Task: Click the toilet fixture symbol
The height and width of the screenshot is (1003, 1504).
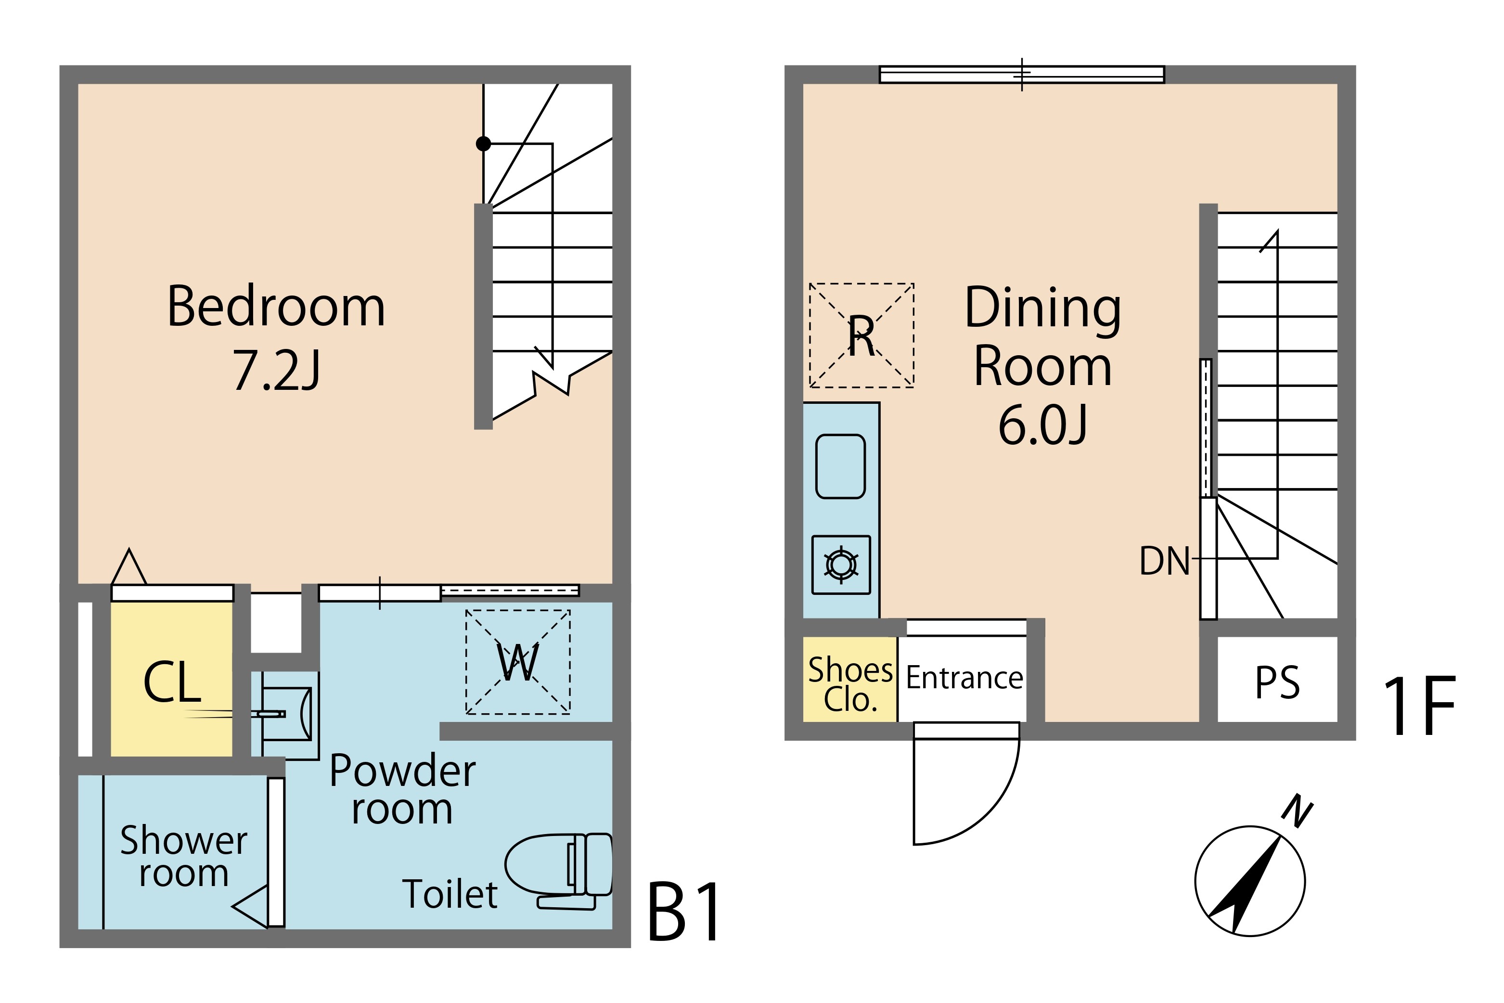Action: (x=559, y=871)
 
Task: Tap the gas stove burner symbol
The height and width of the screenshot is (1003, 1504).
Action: (x=841, y=565)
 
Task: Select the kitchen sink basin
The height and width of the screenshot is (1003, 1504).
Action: (x=841, y=466)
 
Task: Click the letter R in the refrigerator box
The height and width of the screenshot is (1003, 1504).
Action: (x=861, y=336)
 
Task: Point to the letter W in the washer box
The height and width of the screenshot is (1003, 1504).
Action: (x=517, y=663)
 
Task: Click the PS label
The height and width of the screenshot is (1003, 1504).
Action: (x=1277, y=683)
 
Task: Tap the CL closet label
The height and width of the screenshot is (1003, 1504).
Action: (x=172, y=682)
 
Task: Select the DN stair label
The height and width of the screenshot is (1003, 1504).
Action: (x=1164, y=561)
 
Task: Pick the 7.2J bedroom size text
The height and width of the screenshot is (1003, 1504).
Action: (x=276, y=371)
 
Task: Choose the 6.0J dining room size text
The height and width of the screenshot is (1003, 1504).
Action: (x=1043, y=425)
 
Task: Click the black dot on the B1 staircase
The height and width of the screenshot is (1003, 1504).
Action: (x=484, y=144)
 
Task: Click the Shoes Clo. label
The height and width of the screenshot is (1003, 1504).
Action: (x=850, y=684)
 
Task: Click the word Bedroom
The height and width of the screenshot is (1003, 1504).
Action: (x=276, y=307)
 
